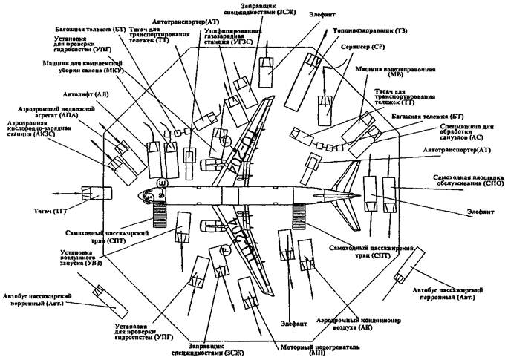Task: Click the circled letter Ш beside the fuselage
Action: (x=163, y=181)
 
